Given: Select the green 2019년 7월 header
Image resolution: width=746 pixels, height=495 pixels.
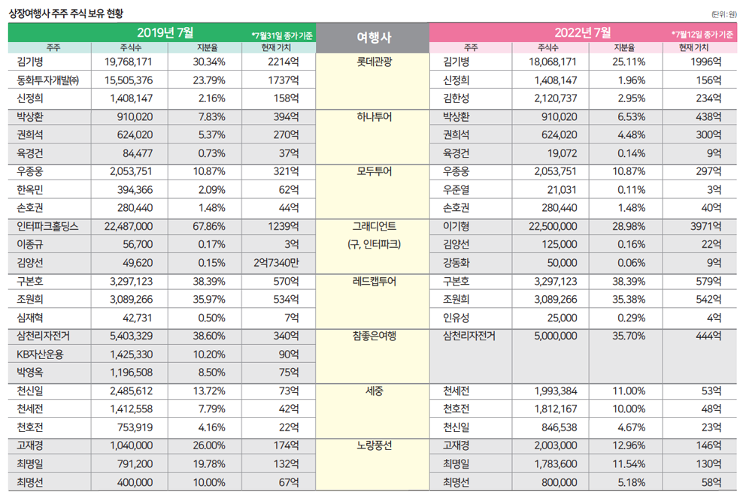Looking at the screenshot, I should (x=165, y=32).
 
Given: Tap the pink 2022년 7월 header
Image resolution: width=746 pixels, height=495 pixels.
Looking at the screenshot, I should (x=584, y=32).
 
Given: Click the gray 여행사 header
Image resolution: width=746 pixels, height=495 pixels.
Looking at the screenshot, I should (x=373, y=37).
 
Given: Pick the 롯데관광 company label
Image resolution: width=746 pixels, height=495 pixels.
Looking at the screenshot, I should (x=373, y=62).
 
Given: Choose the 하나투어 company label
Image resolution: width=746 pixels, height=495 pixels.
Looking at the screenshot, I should (x=373, y=116).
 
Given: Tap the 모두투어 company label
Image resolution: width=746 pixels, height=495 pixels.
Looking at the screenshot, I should (x=373, y=171).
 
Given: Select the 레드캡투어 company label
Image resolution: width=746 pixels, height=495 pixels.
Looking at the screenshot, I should (x=373, y=281).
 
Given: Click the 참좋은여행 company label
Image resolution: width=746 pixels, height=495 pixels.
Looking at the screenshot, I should (x=373, y=336).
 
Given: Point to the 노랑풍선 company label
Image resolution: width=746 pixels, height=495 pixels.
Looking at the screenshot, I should (x=373, y=445).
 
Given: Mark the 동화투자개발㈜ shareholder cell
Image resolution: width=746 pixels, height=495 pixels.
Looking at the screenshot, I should (x=47, y=80).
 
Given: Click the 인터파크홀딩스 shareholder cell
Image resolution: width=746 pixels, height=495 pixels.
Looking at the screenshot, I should (x=47, y=226).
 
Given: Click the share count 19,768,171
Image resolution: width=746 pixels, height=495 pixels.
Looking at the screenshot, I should (x=129, y=62).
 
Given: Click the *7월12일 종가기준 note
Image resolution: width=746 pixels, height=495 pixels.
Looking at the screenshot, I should (x=703, y=35).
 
